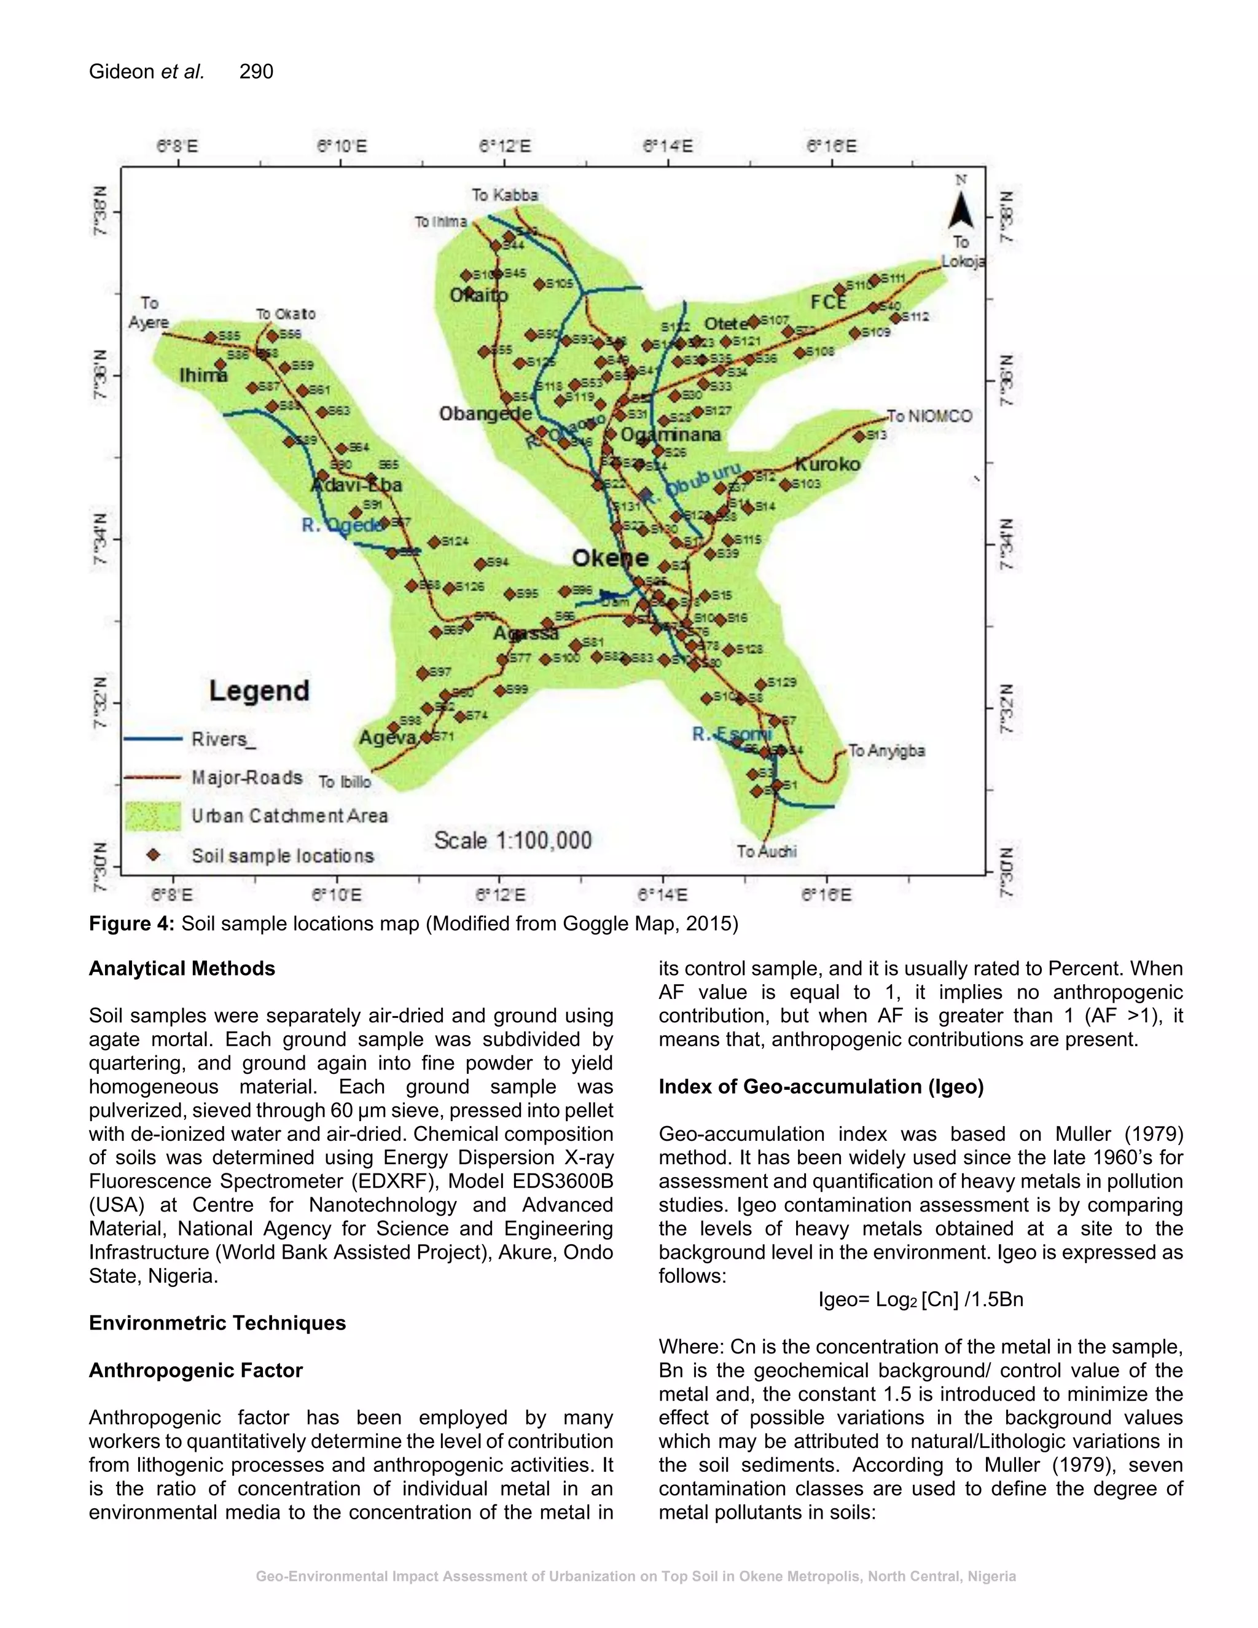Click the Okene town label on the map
coord(609,558)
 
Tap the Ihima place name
coord(203,375)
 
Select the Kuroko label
coord(827,464)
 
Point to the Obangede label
coord(485,413)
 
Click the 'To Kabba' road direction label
coord(504,195)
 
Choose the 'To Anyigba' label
coord(886,751)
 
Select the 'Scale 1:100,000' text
coord(513,841)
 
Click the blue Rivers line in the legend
coord(153,738)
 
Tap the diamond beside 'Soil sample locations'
coord(153,855)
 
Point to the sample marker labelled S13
coord(859,437)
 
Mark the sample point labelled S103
coord(785,485)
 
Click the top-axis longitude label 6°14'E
coord(667,146)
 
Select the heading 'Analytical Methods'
coord(182,968)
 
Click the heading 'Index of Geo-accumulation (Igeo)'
coord(821,1086)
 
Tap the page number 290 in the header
coord(256,71)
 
